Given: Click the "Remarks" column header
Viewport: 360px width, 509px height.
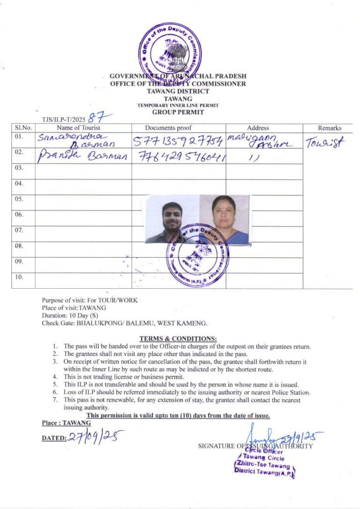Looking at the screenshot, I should tap(330, 127).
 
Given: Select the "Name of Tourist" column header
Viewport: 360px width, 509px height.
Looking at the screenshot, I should tap(78, 127).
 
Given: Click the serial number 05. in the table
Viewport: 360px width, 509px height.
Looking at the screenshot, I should tap(19, 199).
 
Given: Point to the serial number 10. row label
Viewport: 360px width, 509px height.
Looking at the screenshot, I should tap(19, 277).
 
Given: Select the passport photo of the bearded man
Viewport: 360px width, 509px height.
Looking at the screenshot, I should tap(172, 219).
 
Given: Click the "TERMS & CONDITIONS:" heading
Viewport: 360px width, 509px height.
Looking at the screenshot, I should tap(178, 338).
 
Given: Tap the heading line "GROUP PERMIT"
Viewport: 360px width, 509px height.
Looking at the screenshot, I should tap(178, 112).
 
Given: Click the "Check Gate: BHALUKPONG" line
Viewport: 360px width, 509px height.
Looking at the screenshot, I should tap(124, 323).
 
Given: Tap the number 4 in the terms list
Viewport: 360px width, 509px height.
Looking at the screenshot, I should tap(55, 376).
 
